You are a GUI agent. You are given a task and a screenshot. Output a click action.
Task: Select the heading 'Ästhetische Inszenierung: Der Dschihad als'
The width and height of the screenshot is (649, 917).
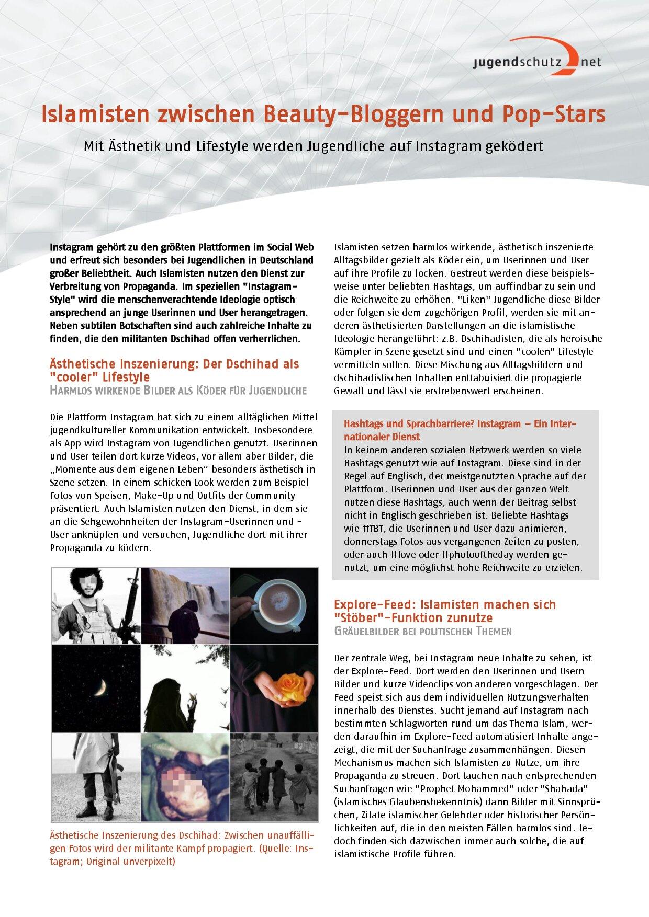click(174, 364)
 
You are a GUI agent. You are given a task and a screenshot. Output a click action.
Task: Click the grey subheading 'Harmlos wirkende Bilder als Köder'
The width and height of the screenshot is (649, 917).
click(178, 391)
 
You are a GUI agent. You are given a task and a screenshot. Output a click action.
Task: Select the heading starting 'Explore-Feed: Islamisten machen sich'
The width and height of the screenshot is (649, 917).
click(444, 605)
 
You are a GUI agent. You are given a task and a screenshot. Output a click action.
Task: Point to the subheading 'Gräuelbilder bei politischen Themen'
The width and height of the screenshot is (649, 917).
click(422, 631)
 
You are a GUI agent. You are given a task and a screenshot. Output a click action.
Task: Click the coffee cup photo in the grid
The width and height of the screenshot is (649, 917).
click(274, 605)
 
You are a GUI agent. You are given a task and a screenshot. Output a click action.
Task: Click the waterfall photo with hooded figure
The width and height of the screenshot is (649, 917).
click(185, 605)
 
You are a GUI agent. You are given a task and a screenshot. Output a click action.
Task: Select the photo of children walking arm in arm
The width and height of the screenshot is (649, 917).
click(274, 777)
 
